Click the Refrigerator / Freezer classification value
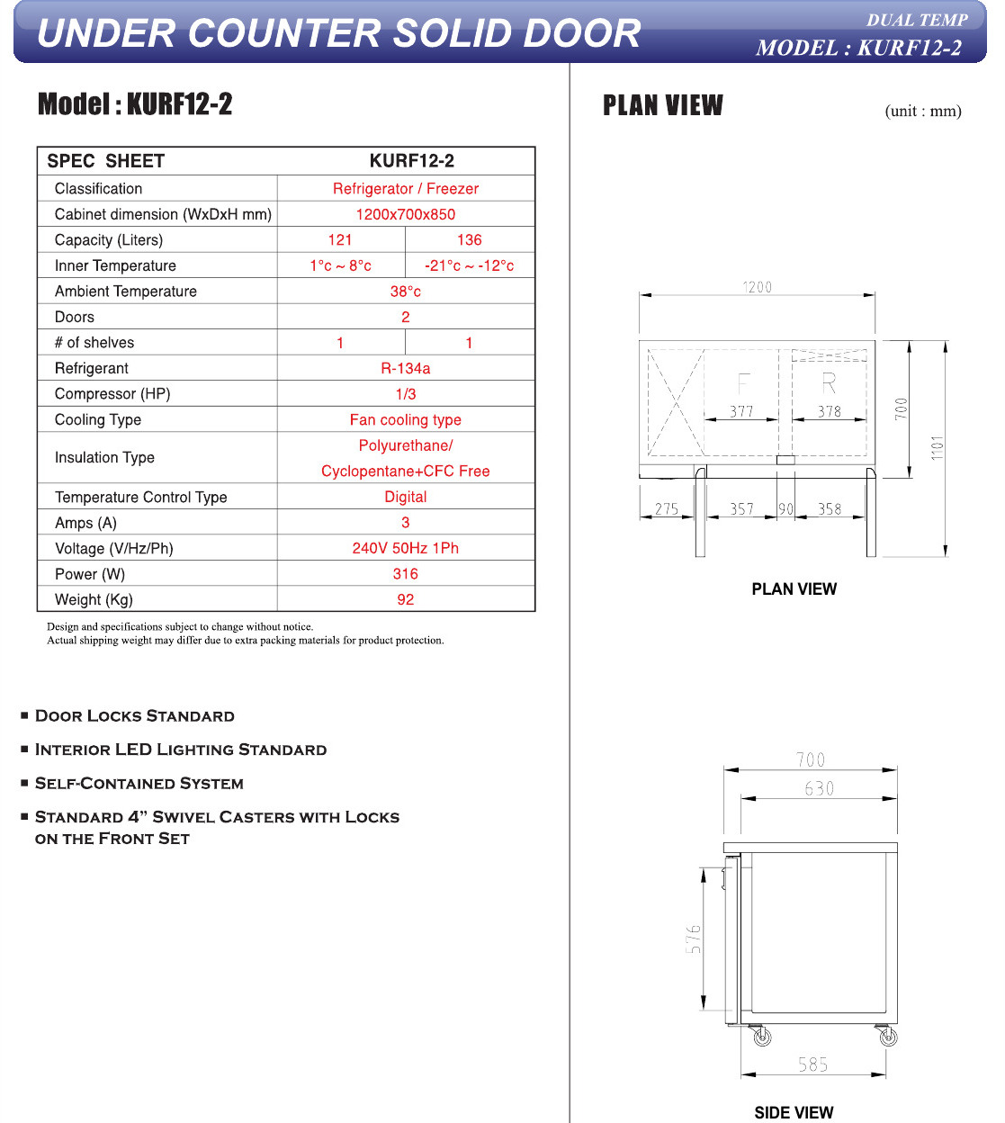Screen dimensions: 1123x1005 click(x=406, y=189)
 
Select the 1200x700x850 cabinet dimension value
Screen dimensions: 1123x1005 click(x=406, y=214)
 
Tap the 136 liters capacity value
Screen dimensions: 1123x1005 click(x=470, y=240)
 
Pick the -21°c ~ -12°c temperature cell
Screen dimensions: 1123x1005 click(x=470, y=266)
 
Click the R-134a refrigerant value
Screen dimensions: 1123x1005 click(x=406, y=369)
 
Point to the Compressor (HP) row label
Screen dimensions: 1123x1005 click(x=112, y=394)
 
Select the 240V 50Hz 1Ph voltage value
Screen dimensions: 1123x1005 click(x=406, y=548)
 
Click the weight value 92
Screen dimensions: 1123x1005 click(x=406, y=600)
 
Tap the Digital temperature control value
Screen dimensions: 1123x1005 click(x=406, y=497)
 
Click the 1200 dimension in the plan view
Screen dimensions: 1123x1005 click(x=757, y=287)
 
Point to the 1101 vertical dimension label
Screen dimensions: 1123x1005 click(x=938, y=447)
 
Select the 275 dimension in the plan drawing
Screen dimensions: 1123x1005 click(x=667, y=509)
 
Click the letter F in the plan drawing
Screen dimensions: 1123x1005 click(x=743, y=384)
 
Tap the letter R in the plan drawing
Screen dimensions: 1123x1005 click(x=829, y=384)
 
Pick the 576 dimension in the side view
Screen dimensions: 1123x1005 click(x=693, y=939)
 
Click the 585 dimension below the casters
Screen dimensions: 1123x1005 click(x=813, y=1065)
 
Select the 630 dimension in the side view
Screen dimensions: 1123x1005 click(x=820, y=789)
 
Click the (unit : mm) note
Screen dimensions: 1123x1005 click(x=923, y=112)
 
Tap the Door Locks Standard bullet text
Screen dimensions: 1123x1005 click(x=135, y=716)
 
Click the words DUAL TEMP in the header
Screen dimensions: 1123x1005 click(x=917, y=21)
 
